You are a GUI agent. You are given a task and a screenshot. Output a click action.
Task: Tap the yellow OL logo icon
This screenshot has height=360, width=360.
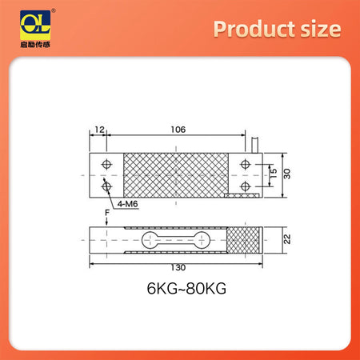click(x=26, y=22)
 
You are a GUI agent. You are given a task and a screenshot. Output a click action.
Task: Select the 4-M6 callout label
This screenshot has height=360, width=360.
click(x=127, y=205)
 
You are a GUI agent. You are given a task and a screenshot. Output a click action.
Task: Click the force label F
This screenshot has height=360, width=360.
click(x=108, y=212)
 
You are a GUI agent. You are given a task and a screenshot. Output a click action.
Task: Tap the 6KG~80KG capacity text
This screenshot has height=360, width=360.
click(x=180, y=290)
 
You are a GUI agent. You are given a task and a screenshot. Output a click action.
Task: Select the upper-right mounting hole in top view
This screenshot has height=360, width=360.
click(x=244, y=164)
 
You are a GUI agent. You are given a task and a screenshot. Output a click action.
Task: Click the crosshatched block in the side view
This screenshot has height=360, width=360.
click(x=243, y=240)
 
